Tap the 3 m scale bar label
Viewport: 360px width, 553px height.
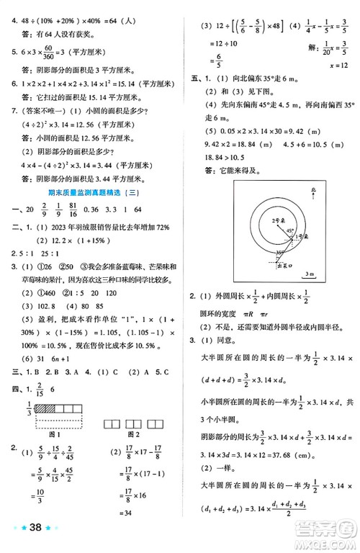point(309,274)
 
